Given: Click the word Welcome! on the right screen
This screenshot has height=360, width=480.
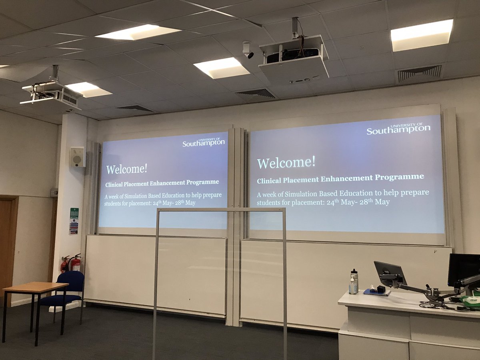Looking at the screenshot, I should [286, 162].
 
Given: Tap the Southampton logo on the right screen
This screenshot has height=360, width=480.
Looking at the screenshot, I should [398, 129].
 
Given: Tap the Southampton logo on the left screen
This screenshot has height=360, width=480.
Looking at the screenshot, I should [204, 142].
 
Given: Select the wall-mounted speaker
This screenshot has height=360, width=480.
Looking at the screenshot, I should [77, 157].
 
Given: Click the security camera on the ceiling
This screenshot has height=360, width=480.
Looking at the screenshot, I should [247, 50].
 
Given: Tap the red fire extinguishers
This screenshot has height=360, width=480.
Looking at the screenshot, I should [71, 264].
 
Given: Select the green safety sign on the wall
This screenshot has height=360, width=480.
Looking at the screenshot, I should [74, 213].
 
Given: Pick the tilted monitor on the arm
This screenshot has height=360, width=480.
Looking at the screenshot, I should [390, 274].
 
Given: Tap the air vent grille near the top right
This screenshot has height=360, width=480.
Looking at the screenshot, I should [420, 73].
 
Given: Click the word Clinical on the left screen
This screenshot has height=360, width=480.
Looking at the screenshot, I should [116, 184].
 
